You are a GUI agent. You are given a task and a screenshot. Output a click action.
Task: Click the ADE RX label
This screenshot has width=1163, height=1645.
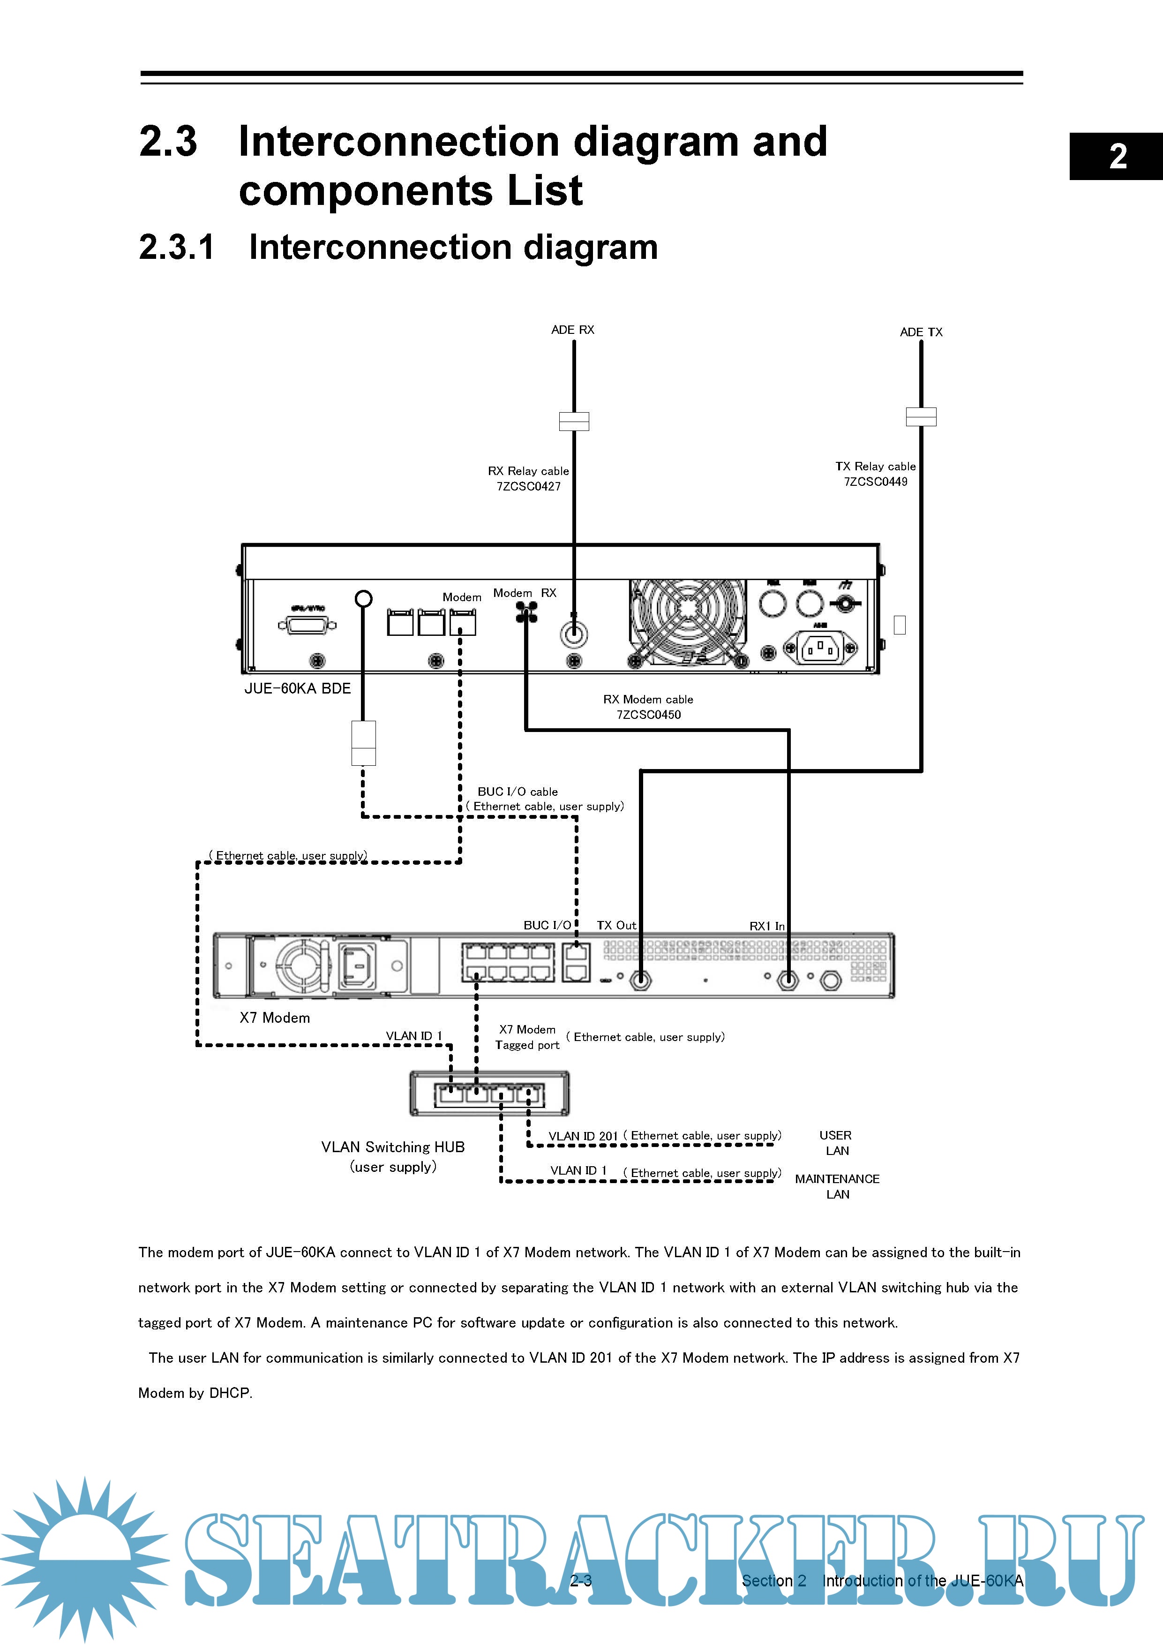tap(572, 330)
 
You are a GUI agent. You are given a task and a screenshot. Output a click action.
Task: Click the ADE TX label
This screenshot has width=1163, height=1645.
tap(921, 332)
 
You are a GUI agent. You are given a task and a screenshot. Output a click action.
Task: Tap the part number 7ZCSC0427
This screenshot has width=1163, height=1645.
tap(528, 486)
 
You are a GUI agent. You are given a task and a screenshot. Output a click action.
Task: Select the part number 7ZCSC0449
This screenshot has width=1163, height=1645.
tap(875, 482)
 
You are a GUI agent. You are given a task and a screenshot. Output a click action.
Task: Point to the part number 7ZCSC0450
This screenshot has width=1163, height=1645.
tap(648, 714)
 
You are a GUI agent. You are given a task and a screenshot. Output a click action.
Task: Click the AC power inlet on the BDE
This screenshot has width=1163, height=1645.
tap(819, 649)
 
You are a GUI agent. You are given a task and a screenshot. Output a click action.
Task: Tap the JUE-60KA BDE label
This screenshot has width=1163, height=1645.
tap(297, 688)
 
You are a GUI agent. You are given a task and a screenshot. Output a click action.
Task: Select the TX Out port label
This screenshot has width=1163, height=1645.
tap(616, 925)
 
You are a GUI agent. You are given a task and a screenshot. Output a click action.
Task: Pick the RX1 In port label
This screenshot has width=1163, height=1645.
tap(766, 926)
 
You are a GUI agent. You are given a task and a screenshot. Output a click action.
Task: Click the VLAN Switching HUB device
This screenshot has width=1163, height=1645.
tap(489, 1094)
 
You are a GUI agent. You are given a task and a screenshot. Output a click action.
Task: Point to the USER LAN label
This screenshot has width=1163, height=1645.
tap(836, 1143)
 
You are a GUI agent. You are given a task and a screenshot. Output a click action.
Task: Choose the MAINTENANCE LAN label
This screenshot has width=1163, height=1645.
tap(837, 1186)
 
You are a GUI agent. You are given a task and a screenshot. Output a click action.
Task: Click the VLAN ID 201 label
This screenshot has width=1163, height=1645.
tap(582, 1136)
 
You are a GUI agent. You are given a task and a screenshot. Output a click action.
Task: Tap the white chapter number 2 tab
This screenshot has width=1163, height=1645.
tap(1117, 156)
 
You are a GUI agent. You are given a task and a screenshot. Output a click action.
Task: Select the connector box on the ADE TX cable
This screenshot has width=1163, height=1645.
tap(921, 416)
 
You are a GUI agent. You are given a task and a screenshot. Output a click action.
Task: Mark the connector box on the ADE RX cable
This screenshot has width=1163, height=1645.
tap(574, 421)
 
